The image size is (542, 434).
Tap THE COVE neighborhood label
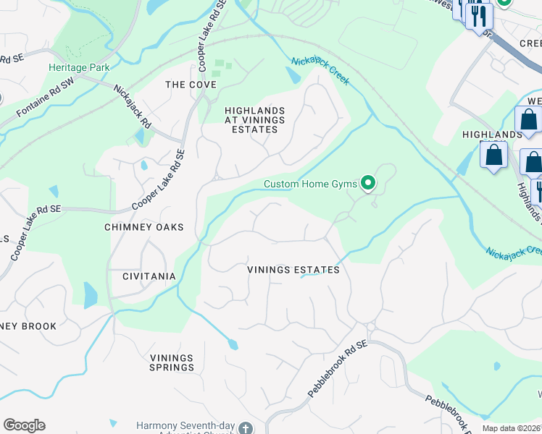pos(191,85)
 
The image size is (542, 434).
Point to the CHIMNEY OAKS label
pos(143,227)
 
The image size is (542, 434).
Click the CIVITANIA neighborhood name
pos(149,276)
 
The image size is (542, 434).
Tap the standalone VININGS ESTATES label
pos(293,270)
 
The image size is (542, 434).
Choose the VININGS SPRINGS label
pos(172,362)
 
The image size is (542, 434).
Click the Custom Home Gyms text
pos(310,184)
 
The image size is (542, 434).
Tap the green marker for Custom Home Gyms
pos(369,184)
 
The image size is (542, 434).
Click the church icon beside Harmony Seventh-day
pos(246,427)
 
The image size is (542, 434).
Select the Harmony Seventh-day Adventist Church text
pos(186,427)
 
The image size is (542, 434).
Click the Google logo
pos(24,425)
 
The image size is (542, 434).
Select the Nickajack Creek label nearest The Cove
pos(320,71)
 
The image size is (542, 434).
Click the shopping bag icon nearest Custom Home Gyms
pos(493,155)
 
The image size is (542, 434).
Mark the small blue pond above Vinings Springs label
pos(233,345)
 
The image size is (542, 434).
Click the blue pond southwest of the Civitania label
pos(90,295)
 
